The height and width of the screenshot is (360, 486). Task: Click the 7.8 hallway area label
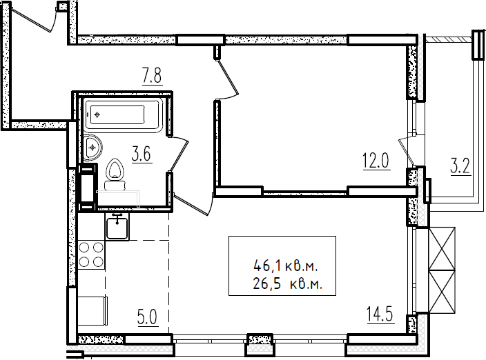(152, 76)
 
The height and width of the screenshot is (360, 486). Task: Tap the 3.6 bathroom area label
(142, 154)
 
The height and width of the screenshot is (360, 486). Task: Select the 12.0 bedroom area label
(376, 161)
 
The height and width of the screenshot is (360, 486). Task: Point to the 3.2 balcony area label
(460, 166)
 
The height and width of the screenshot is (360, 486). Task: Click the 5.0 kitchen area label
(148, 317)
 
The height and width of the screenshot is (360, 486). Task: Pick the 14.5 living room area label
(380, 314)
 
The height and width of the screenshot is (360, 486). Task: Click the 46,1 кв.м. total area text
(286, 266)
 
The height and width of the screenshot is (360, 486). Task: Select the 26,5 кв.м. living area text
(288, 284)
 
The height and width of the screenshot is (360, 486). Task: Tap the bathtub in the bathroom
(124, 115)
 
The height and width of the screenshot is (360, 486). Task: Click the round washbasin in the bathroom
(92, 148)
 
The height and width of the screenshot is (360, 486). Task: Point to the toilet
(115, 174)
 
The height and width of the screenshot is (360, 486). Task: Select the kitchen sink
(117, 227)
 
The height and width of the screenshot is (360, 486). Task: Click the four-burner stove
(91, 254)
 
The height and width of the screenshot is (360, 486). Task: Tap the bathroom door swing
(179, 154)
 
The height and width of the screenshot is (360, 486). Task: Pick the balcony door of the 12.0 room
(407, 151)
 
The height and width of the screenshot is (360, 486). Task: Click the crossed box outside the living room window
(442, 270)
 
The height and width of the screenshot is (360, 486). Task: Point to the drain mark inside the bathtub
(97, 115)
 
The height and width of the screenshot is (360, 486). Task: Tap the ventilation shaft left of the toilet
(88, 187)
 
